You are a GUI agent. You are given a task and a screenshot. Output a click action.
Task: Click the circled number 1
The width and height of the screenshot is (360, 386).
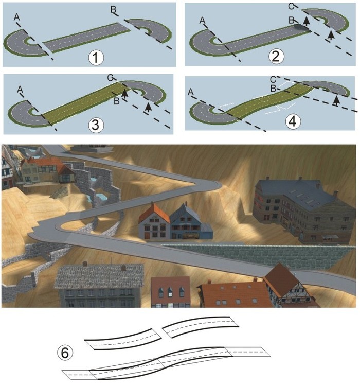pyautogui.click(x=96, y=57)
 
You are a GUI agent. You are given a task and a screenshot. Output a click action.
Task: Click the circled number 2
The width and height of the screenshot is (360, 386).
pyautogui.click(x=276, y=56)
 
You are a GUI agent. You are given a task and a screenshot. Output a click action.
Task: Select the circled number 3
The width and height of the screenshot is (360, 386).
pyautogui.click(x=96, y=125)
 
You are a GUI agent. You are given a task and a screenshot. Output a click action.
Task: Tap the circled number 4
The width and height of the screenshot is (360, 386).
pyautogui.click(x=293, y=121)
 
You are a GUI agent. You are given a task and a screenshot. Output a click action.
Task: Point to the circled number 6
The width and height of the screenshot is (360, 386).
pyautogui.click(x=65, y=353)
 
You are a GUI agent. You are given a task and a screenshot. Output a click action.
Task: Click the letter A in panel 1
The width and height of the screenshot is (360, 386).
pyautogui.click(x=17, y=17)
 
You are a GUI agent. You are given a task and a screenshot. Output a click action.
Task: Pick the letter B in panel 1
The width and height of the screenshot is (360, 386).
pyautogui.click(x=113, y=10)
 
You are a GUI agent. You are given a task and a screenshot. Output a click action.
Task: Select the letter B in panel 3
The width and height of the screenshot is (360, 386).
pyautogui.click(x=117, y=100)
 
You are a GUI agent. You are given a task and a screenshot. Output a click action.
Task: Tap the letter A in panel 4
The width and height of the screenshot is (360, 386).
pyautogui.click(x=190, y=92)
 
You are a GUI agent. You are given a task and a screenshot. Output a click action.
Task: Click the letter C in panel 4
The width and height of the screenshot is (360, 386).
pyautogui.click(x=273, y=79)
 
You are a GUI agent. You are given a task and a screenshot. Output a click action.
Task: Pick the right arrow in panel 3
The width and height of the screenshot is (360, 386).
pyautogui.click(x=148, y=108)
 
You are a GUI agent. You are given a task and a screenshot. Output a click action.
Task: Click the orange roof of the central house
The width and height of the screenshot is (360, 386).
pyautogui.click(x=154, y=214)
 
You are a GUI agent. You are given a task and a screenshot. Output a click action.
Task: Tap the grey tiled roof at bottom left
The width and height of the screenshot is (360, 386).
pyautogui.click(x=99, y=276)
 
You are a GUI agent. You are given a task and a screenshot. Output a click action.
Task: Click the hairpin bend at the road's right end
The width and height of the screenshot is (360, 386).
pyautogui.click(x=210, y=184)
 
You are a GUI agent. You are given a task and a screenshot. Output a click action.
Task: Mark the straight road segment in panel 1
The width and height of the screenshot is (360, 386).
pyautogui.click(x=87, y=38)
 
